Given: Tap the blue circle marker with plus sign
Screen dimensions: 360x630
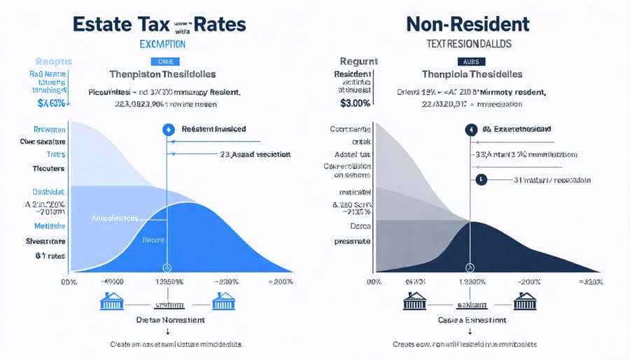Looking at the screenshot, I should pos(167,130).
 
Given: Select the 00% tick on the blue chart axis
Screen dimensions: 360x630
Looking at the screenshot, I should pos(69,281).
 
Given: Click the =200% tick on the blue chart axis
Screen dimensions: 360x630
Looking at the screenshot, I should pos(279,281).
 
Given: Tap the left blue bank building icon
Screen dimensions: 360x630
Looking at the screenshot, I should pos(113,301).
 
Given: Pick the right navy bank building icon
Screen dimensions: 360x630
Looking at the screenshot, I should pos(525,301).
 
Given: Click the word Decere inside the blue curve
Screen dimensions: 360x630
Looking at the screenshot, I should pos(153,240).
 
